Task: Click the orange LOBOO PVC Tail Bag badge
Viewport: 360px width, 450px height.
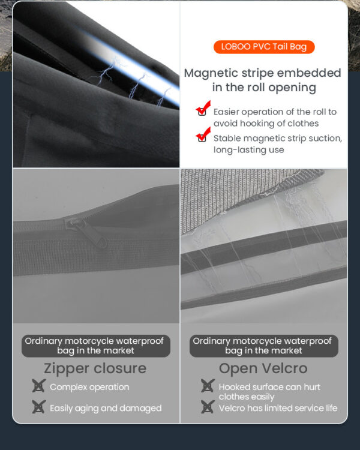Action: [264, 47]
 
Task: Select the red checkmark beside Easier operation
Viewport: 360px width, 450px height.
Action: [203, 108]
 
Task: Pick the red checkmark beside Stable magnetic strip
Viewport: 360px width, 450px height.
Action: [203, 134]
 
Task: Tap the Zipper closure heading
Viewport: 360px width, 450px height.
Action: [95, 368]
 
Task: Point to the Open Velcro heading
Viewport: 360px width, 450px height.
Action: [263, 368]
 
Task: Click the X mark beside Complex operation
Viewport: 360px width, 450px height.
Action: [38, 386]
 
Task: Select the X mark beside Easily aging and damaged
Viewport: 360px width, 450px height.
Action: [38, 407]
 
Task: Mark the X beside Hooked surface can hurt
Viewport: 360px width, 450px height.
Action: [208, 386]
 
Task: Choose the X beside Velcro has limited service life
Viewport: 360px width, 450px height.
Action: [208, 407]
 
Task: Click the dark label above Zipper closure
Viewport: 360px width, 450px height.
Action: [96, 346]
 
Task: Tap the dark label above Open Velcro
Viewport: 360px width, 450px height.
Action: [264, 346]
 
